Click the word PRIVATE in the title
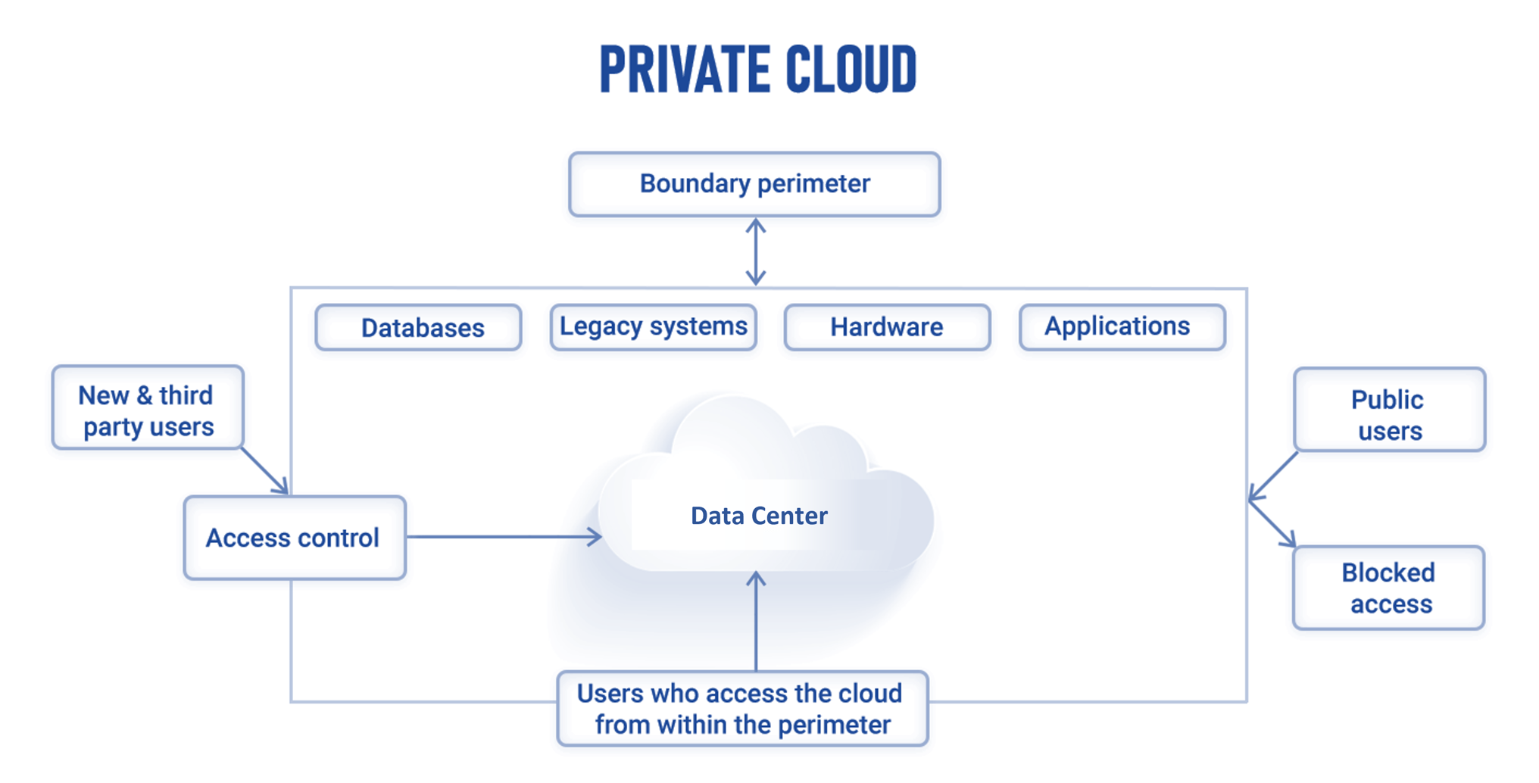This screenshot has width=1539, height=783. [685, 69]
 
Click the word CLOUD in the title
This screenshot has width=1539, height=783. [851, 69]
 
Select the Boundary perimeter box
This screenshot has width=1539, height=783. [754, 184]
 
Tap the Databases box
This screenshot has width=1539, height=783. [419, 328]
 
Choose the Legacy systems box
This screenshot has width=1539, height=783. [653, 327]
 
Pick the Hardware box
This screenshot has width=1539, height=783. [887, 327]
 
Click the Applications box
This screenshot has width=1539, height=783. [1122, 327]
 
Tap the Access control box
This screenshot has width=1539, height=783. [295, 538]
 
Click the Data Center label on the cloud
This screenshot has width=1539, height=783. [759, 516]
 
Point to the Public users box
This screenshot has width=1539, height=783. [1389, 410]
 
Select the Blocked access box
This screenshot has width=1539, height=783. [1388, 588]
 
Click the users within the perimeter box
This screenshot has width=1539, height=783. [742, 709]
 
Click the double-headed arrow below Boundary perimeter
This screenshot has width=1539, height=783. [755, 251]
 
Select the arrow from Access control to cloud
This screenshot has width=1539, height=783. [504, 537]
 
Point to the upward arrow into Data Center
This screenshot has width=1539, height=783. [756, 621]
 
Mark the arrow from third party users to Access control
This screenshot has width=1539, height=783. [264, 471]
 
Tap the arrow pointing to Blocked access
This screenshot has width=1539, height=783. [1272, 524]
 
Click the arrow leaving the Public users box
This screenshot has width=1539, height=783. [1274, 476]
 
